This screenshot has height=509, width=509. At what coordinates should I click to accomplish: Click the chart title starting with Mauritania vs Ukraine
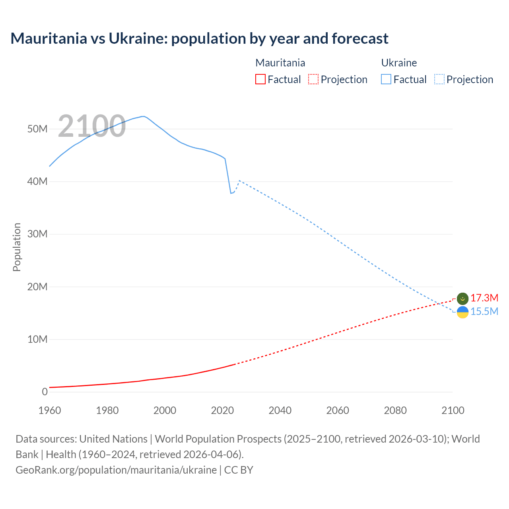coord(199,39)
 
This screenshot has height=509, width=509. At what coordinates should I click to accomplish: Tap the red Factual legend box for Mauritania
coord(260,79)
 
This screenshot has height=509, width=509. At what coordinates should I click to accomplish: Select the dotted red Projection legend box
coord(313,79)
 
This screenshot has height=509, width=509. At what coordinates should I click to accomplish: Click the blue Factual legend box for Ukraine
coord(386,79)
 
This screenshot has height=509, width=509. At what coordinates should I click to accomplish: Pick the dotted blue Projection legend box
coord(439,79)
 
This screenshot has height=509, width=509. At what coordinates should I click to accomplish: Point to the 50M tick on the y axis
coord(37,129)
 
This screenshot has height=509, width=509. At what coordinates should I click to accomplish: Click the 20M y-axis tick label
coord(37,287)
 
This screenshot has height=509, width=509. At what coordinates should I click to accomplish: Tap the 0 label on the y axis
coord(45,392)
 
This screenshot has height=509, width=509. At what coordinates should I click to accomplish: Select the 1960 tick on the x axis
coord(50,410)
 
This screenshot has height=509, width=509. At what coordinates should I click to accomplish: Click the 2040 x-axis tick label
coord(280,410)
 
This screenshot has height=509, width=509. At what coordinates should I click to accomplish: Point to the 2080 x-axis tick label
coord(395,410)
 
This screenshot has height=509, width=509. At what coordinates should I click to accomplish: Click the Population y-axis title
coord(17,247)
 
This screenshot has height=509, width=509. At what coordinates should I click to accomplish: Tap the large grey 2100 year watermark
coord(92,126)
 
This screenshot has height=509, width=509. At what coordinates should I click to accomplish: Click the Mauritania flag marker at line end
coord(462,298)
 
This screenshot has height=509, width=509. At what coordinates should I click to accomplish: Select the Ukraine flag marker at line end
coord(462,312)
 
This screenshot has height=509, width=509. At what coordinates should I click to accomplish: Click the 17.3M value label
coord(484,298)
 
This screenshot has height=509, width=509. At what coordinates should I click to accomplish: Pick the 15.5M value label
coord(484,311)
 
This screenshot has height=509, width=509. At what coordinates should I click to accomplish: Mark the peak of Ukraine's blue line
coord(143,117)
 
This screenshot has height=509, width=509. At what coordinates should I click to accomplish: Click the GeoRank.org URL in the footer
coord(116,470)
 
